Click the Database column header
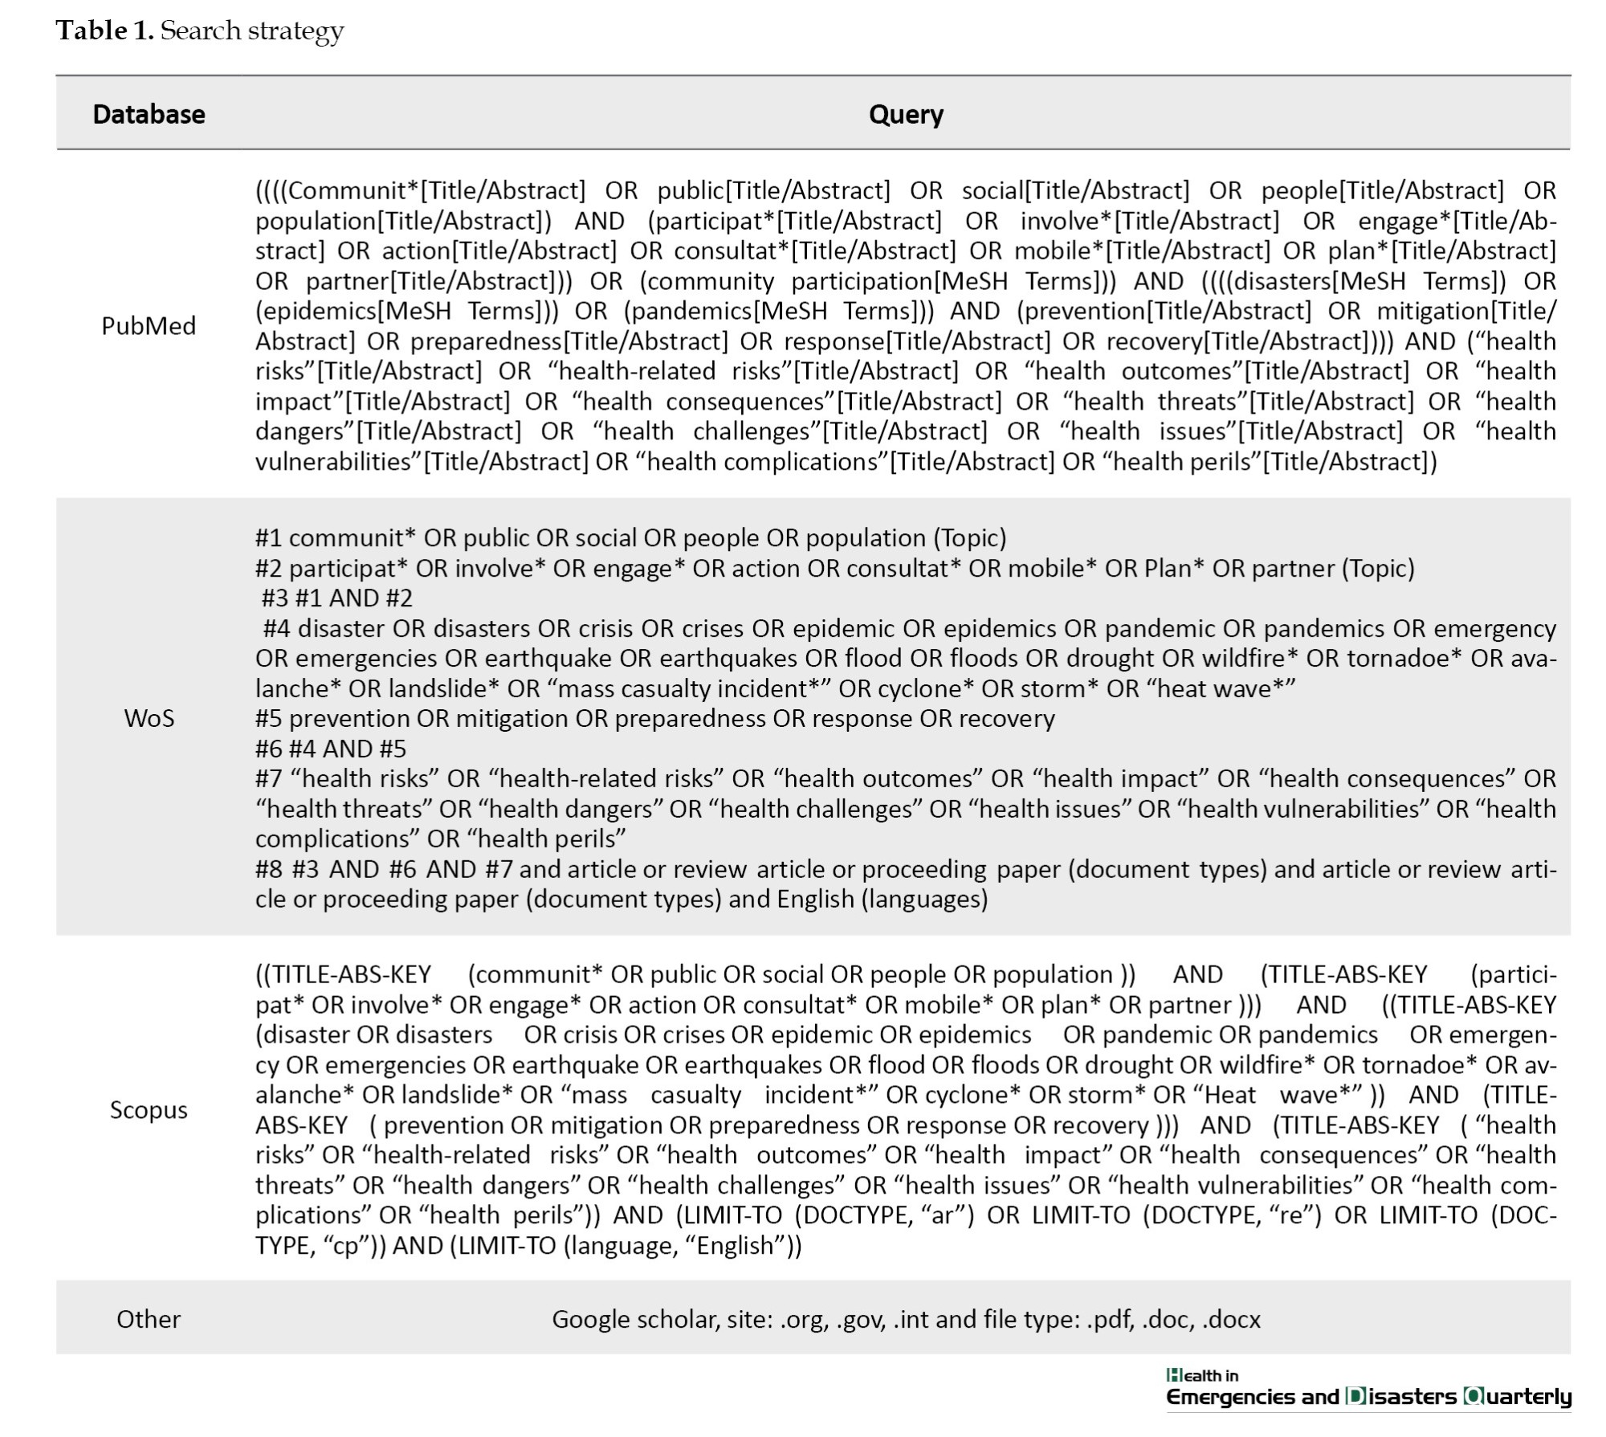149,114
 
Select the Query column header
905,114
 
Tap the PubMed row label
149,325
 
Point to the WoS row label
149,717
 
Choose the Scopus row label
149,1109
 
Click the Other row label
149,1318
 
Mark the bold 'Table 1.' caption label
104,31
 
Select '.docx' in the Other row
1231,1318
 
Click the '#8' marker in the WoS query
269,868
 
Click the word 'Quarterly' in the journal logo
1517,1396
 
